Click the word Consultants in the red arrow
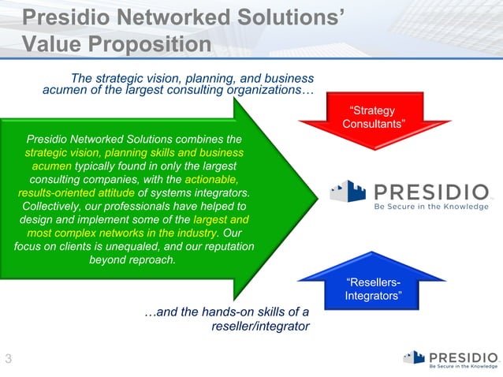tap(374, 125)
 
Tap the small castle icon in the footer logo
tap(414, 357)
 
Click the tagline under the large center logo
tap(431, 207)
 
